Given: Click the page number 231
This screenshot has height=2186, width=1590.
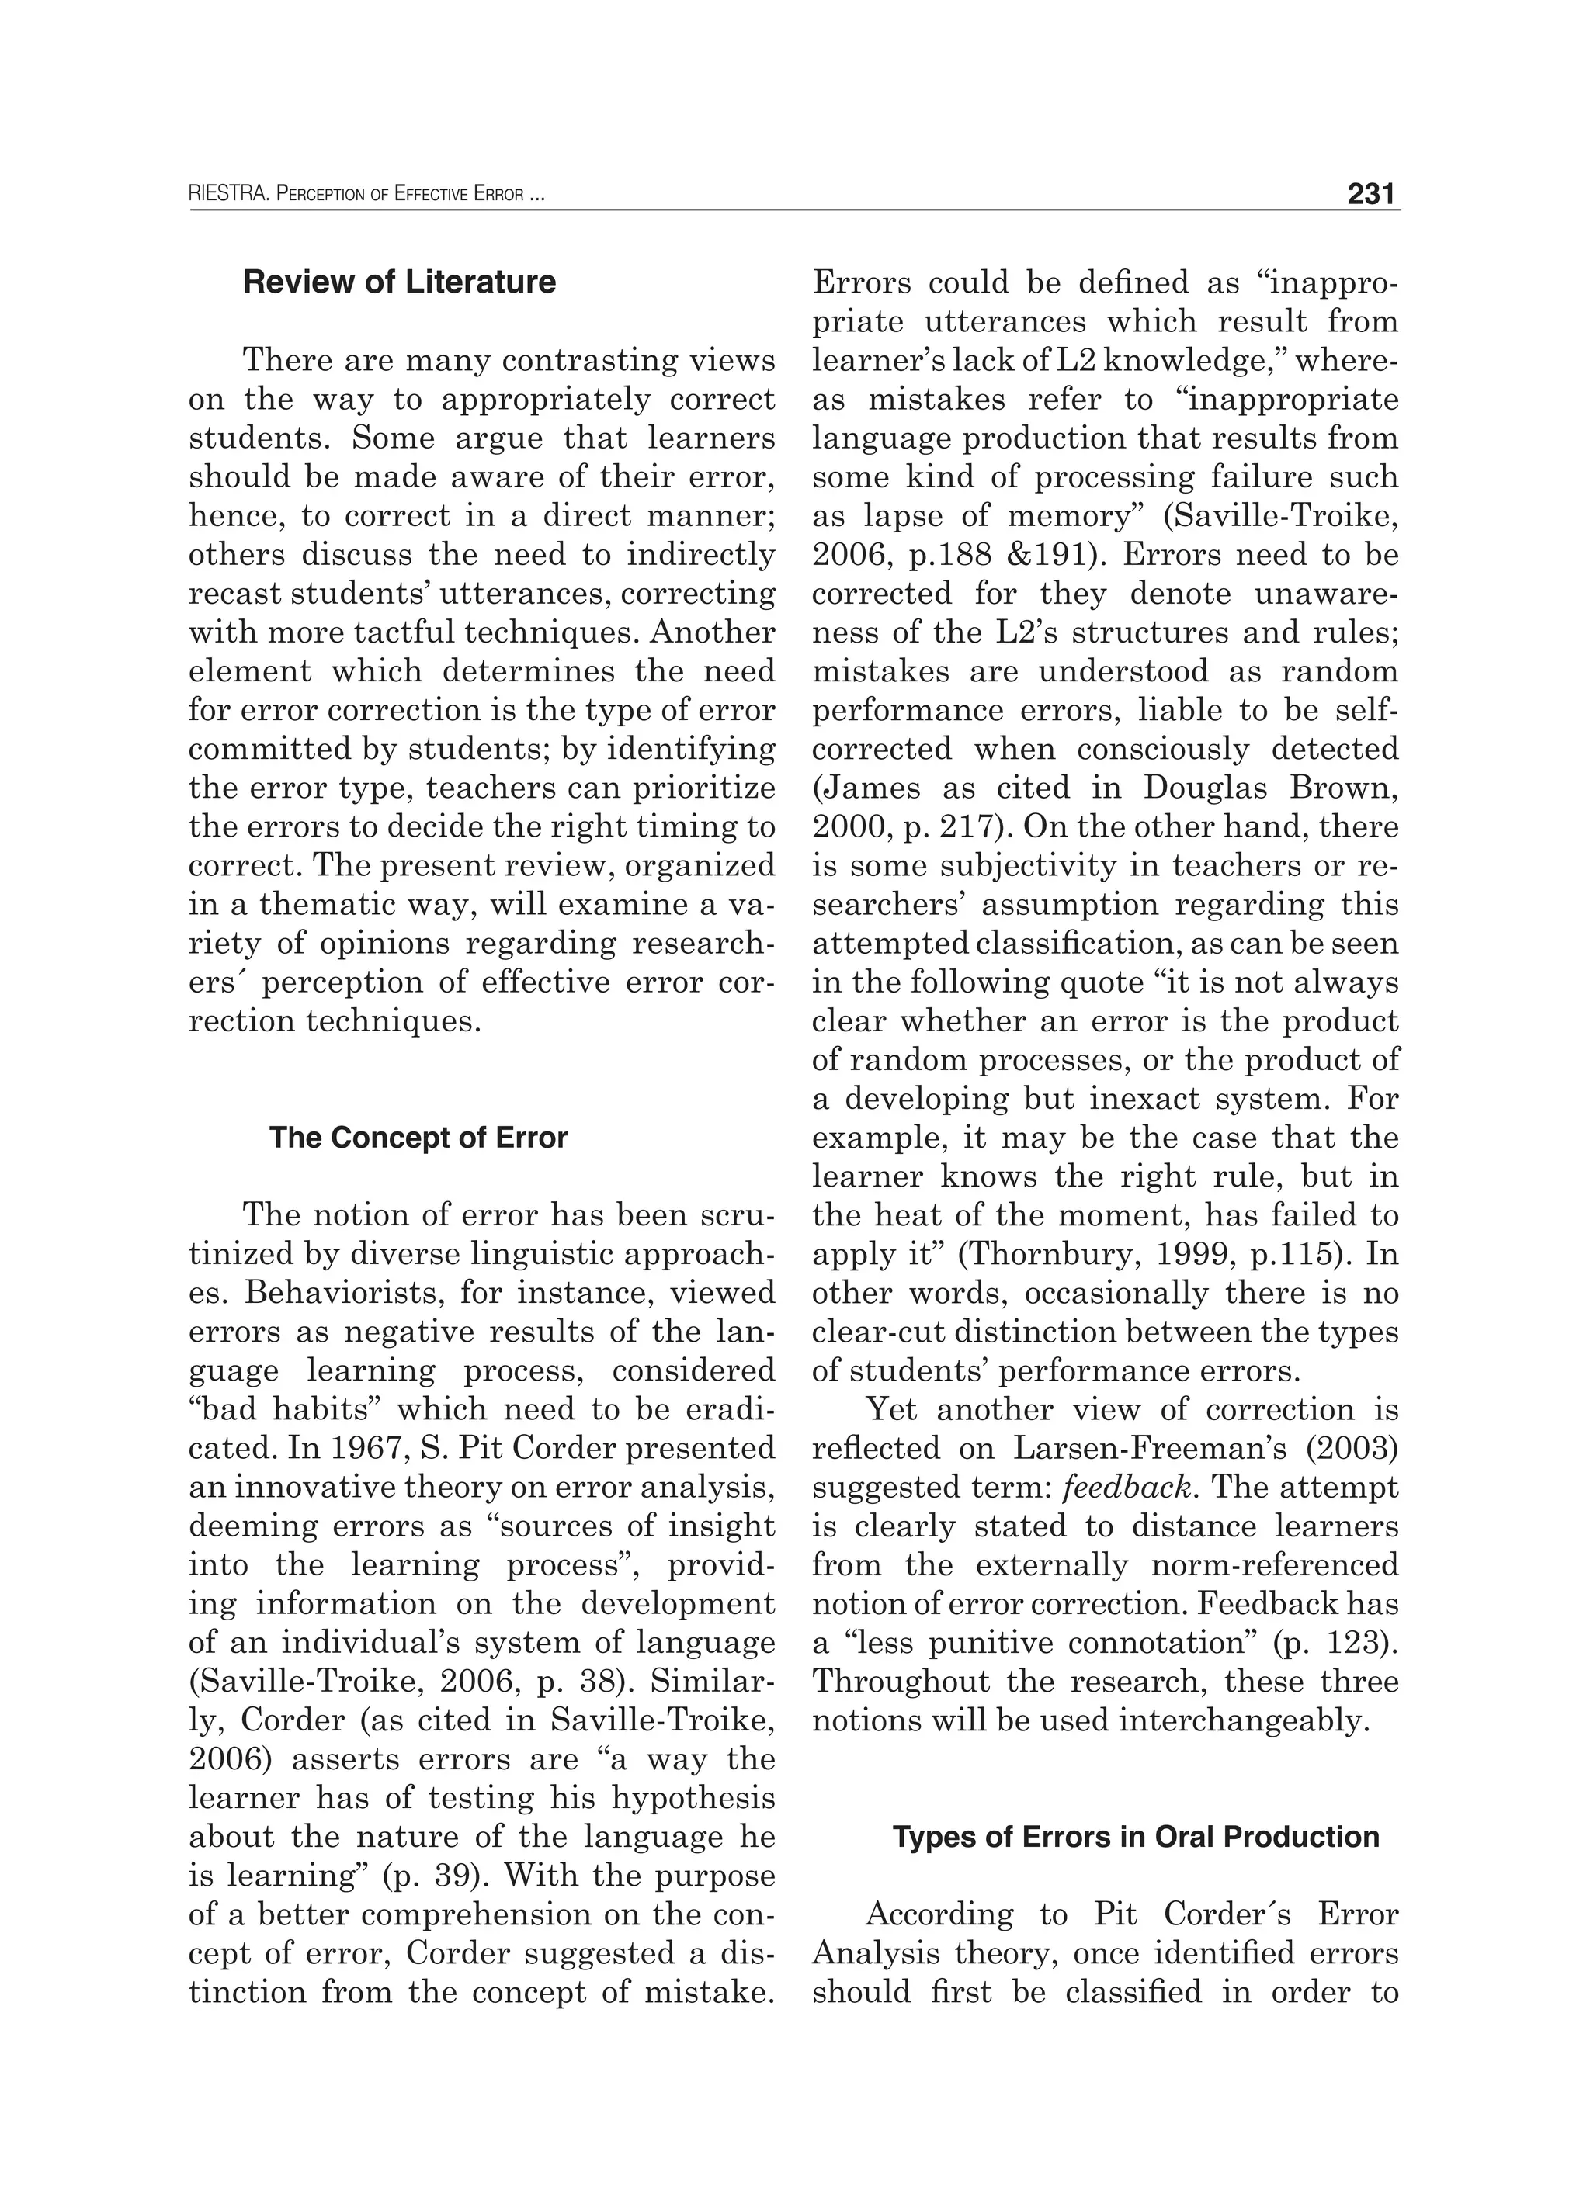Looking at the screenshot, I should click(x=1371, y=195).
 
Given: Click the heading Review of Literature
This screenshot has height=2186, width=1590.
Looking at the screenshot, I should click(x=399, y=282).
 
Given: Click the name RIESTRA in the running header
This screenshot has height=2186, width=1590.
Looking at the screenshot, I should click(x=227, y=196).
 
